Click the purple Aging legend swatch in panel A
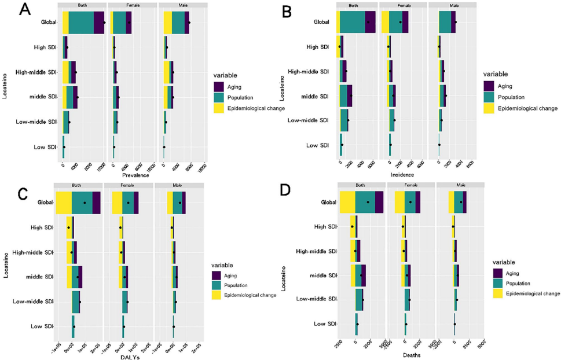coord(219,86)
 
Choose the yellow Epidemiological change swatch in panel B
coord(489,108)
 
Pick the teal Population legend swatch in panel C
coord(217,285)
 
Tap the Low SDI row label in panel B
coord(317,145)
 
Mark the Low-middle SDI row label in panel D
coord(316,299)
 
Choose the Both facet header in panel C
coord(78,185)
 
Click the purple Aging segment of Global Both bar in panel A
coord(99,23)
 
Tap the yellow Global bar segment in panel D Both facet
coord(347,202)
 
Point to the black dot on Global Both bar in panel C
coord(85,203)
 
